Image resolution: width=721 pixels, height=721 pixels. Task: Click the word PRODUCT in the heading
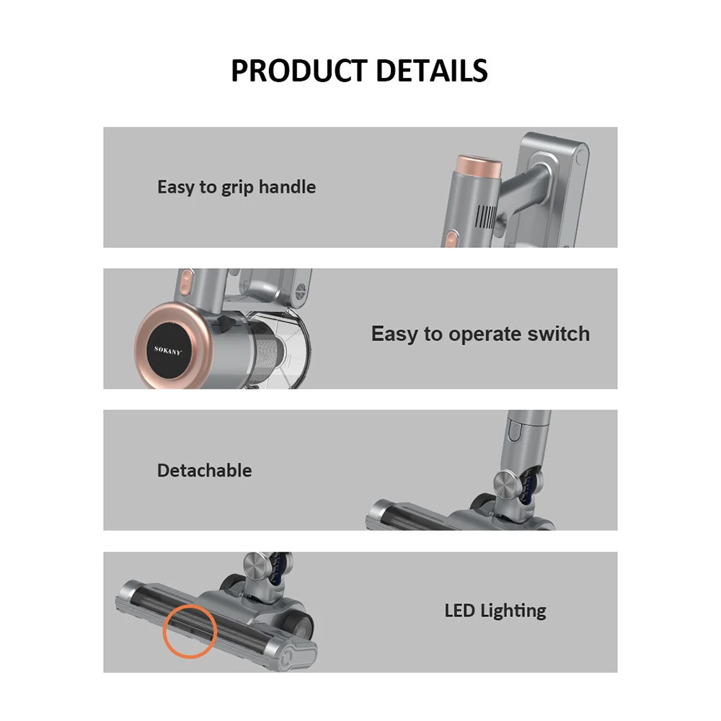[299, 71]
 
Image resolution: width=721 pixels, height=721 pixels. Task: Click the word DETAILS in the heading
[432, 71]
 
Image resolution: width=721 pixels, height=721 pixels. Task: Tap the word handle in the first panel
[287, 187]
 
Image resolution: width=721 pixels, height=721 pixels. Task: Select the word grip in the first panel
[237, 188]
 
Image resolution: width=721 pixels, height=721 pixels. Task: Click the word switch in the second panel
[558, 333]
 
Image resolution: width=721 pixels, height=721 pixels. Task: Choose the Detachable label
[205, 470]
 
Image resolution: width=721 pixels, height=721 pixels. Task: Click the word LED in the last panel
[459, 611]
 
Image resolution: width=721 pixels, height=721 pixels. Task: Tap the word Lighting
[513, 611]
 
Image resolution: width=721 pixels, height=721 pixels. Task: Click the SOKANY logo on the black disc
[168, 350]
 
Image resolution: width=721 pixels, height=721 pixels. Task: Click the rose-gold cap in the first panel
[478, 167]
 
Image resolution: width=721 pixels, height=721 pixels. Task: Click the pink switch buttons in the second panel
[185, 282]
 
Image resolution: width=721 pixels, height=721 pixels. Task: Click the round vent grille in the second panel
[301, 291]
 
